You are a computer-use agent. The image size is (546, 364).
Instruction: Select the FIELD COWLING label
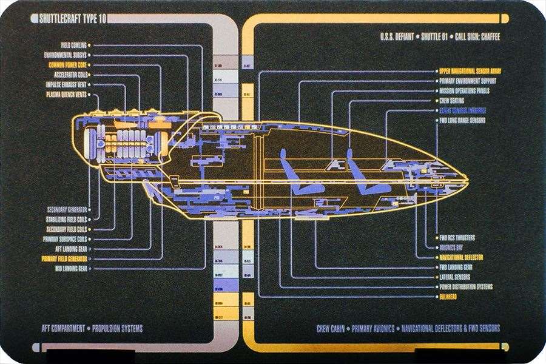(73, 45)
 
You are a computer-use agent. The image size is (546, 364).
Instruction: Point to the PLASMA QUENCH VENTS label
(66, 95)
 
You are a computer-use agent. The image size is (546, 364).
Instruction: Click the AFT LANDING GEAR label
(71, 249)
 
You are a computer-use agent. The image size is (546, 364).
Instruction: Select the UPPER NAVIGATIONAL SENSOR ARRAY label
(470, 71)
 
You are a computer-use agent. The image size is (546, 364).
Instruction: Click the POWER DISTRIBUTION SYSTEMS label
(465, 286)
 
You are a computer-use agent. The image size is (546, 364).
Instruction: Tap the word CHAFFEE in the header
(486, 37)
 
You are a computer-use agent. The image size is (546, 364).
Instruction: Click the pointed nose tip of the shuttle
(466, 179)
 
